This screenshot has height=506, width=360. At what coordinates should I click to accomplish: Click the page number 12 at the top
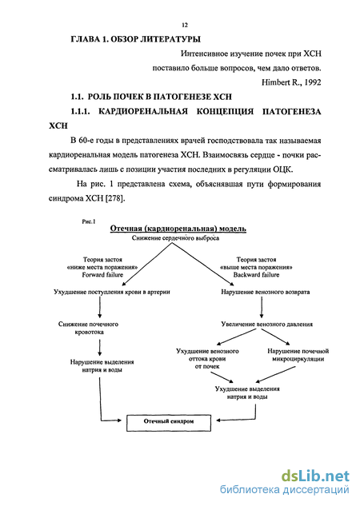[185, 25]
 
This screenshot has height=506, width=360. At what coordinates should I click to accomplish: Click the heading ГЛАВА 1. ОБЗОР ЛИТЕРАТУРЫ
[136, 39]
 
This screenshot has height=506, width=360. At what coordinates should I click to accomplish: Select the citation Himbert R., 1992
[291, 82]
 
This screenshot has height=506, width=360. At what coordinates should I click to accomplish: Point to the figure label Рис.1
[89, 221]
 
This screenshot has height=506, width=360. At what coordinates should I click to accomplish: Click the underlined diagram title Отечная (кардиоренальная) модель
[178, 229]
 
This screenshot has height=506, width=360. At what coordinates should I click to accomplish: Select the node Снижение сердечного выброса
[175, 238]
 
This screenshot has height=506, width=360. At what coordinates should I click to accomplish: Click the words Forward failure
[102, 275]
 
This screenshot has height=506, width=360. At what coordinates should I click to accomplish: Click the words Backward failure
[256, 275]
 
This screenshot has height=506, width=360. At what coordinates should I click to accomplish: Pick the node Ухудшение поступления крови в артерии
[112, 292]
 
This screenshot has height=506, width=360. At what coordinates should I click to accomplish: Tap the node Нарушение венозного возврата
[266, 292]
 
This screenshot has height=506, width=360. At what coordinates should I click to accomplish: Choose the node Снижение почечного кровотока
[89, 328]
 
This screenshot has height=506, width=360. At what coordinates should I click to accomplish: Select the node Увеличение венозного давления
[267, 324]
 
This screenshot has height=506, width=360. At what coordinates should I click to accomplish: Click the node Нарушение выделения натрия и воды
[102, 366]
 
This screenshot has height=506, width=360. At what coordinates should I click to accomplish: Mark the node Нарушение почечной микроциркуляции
[298, 355]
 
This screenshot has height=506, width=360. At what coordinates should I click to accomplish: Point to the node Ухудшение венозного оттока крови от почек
[208, 359]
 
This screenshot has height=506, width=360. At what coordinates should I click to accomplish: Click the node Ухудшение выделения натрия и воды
[247, 392]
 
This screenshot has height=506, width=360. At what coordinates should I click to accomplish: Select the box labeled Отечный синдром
[169, 423]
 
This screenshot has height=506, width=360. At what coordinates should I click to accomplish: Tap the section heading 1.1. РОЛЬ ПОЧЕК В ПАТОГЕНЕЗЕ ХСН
[151, 97]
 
